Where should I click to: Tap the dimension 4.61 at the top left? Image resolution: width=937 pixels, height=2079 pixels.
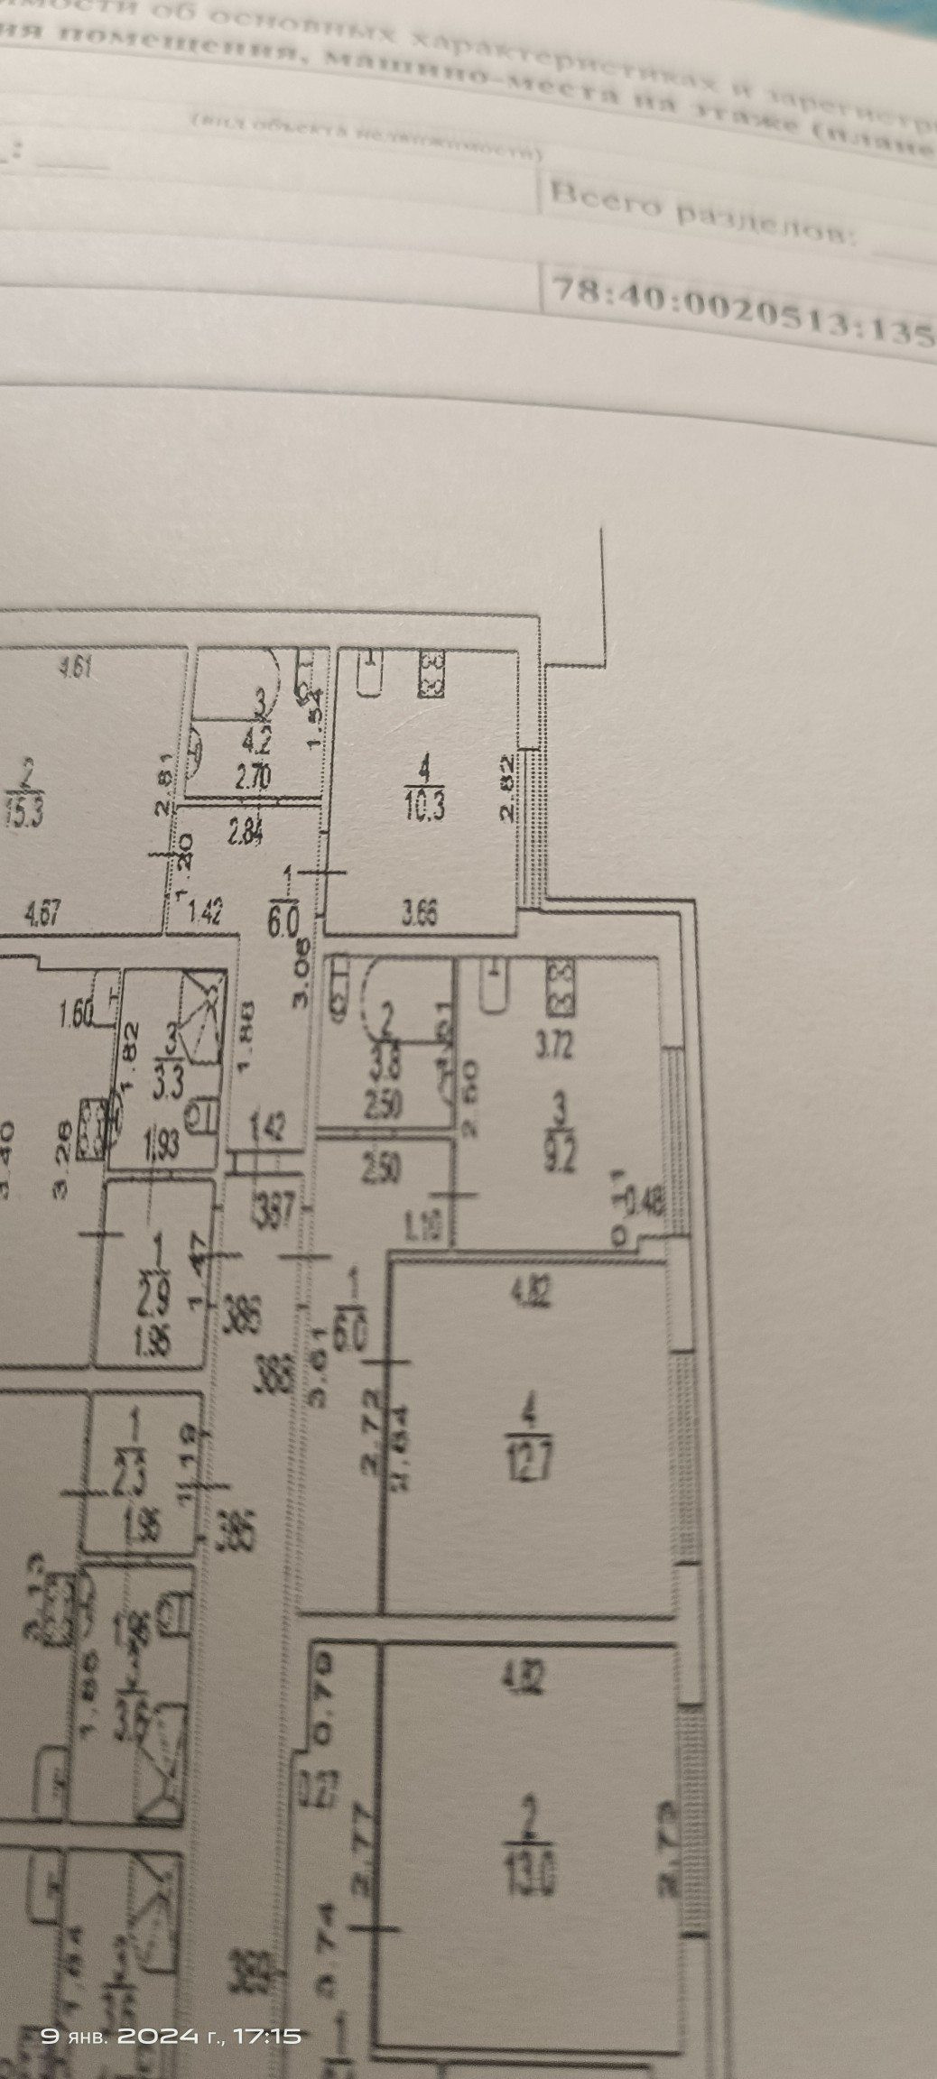click(x=76, y=669)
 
